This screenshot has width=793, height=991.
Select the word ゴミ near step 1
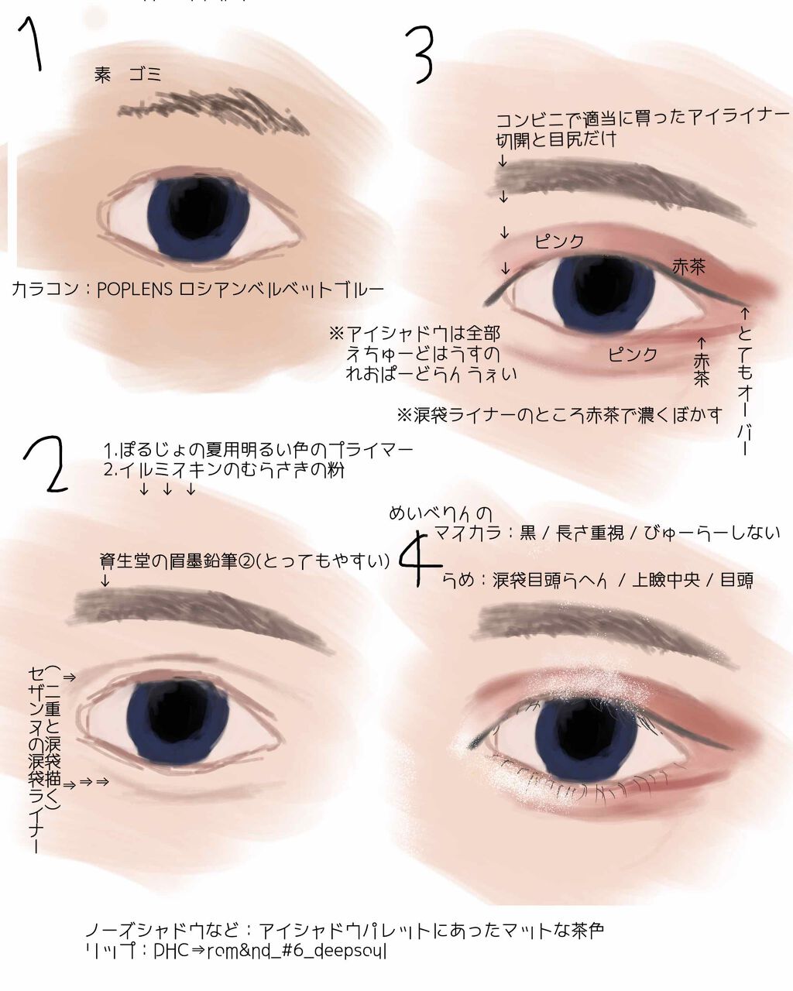tap(145, 74)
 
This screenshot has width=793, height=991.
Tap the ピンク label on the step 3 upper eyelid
tap(559, 241)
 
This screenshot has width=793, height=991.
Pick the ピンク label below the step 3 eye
tap(632, 354)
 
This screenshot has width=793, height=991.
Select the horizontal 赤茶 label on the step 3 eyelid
tap(688, 266)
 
